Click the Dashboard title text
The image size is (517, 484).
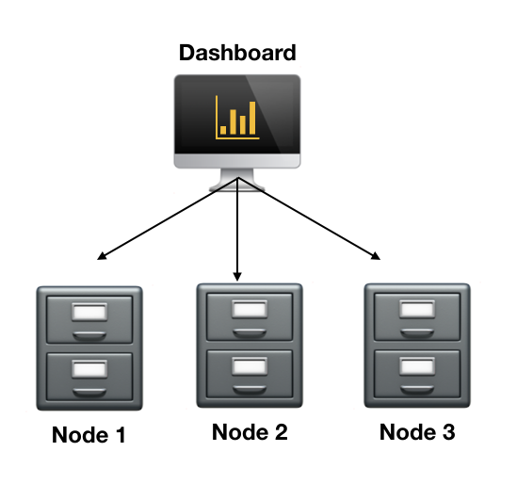click(x=237, y=52)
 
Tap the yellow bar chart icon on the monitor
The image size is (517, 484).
click(x=236, y=116)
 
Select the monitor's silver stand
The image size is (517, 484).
click(x=236, y=179)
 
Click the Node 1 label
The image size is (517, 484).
click(x=89, y=436)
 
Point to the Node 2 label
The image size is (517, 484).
click(x=250, y=432)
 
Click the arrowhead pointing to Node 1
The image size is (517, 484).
click(x=101, y=256)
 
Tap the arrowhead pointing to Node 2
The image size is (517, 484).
click(x=237, y=275)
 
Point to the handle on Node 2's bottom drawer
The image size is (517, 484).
click(x=250, y=386)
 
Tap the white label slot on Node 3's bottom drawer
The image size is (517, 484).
click(x=417, y=365)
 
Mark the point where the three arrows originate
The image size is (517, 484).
click(x=237, y=178)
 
